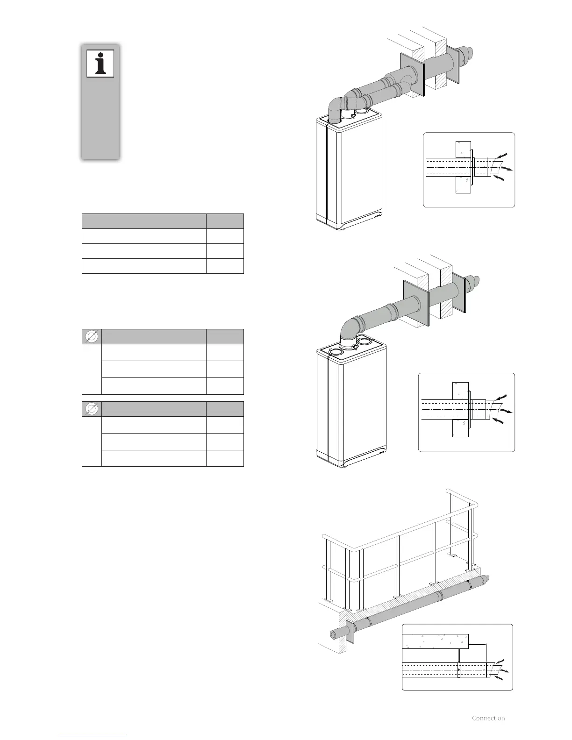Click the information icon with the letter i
pyautogui.click(x=100, y=64)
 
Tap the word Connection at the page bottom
pyautogui.click(x=488, y=718)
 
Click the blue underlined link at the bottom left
pyautogui.click(x=93, y=735)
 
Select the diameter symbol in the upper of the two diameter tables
pyautogui.click(x=92, y=336)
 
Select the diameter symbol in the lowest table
pyautogui.click(x=92, y=409)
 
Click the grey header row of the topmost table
pyautogui.click(x=163, y=221)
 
